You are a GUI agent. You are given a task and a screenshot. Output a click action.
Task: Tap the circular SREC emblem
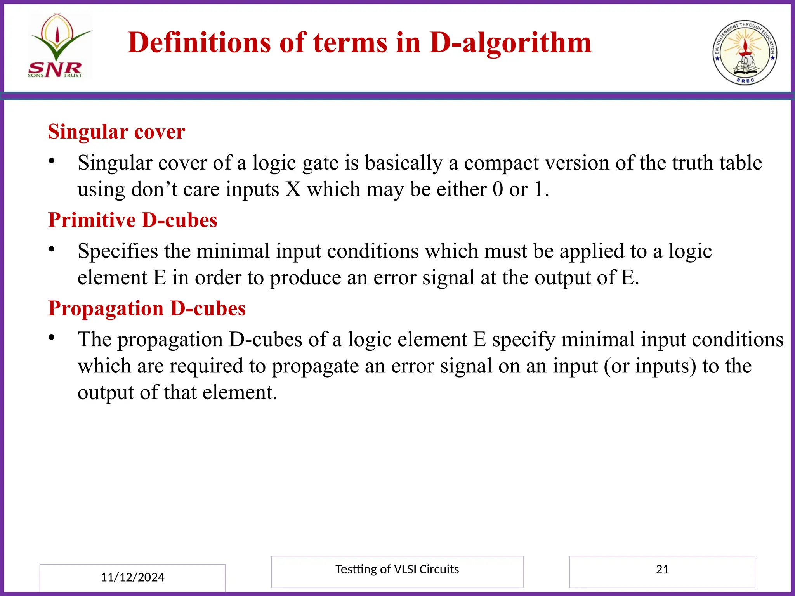point(745,52)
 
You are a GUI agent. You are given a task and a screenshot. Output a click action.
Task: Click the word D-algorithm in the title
point(510,42)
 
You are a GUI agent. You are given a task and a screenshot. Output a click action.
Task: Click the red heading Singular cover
point(116,132)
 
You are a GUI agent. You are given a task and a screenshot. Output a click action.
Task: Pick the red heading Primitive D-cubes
point(132,220)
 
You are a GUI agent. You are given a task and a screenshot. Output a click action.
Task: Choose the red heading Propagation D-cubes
point(147,309)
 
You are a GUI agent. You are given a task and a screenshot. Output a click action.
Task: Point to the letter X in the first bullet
point(293,189)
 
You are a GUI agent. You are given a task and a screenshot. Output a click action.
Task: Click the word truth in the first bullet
point(693,163)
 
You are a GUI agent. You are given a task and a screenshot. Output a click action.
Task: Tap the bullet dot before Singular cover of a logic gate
point(51,160)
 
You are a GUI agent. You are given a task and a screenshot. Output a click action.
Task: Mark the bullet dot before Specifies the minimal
point(51,249)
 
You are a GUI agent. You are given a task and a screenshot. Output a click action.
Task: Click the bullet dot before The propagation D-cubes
point(51,337)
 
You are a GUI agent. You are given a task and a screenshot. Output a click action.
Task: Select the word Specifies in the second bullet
point(118,251)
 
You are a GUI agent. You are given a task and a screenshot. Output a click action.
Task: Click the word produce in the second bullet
point(305,278)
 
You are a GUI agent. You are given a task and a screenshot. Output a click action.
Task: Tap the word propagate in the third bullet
point(315,366)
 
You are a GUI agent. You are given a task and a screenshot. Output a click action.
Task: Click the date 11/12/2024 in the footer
point(132,577)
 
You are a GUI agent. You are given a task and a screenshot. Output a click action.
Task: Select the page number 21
point(662,569)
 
